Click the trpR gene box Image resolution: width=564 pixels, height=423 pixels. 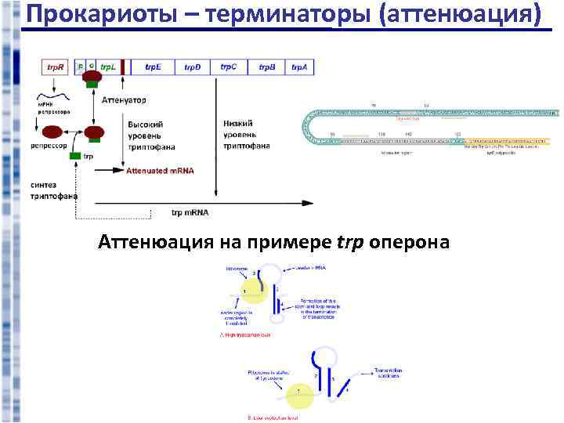[x=55, y=68]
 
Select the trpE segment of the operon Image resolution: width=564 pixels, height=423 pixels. [x=154, y=68]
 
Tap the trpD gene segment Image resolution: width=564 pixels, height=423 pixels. [x=193, y=68]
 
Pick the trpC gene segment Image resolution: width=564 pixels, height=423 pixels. [x=229, y=68]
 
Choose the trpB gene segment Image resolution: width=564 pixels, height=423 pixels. [x=266, y=68]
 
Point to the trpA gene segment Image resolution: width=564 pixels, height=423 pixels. [x=298, y=68]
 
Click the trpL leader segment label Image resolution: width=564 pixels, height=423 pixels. [x=108, y=67]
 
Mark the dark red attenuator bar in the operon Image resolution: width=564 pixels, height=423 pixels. [x=123, y=68]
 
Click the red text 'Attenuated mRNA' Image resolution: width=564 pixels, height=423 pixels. [x=160, y=170]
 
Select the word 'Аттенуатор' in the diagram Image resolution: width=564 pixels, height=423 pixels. [x=124, y=100]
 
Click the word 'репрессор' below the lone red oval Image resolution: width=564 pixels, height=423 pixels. [x=48, y=146]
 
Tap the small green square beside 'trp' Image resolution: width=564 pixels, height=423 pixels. [x=75, y=157]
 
